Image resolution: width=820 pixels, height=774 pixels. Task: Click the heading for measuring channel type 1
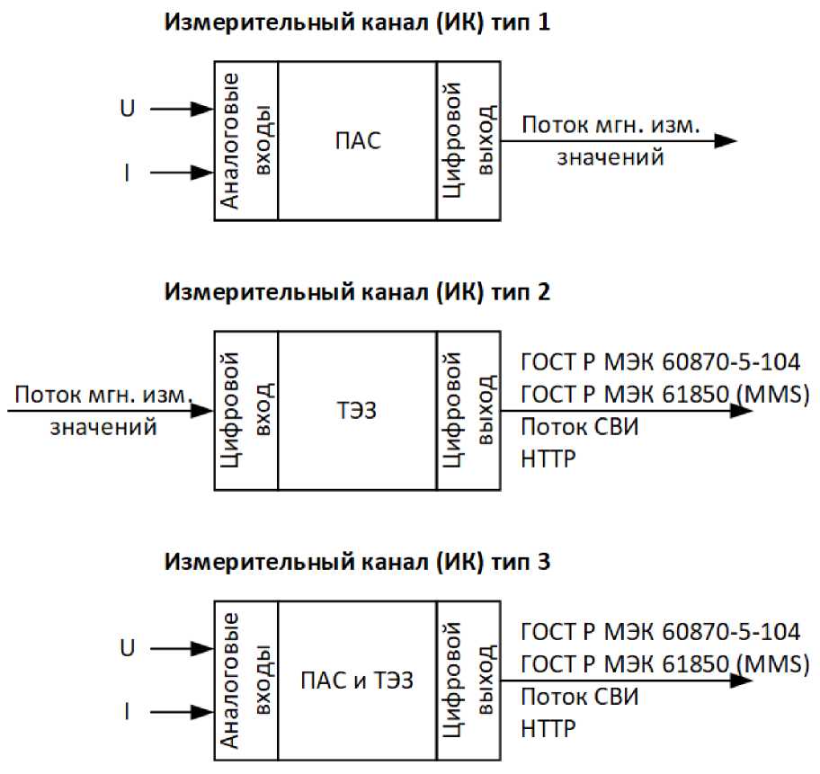pos(355,23)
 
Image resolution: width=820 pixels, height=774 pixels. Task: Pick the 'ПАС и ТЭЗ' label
pos(357,681)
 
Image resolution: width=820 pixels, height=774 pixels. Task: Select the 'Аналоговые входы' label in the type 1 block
pos(244,140)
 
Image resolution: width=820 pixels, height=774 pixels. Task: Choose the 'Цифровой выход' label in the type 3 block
pos(468,681)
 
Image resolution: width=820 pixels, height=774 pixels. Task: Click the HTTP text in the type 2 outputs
pos(548,459)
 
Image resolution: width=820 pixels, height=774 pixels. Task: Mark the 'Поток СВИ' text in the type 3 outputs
pos(580,697)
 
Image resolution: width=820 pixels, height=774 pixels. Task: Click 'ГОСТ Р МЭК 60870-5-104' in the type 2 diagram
pos(660,362)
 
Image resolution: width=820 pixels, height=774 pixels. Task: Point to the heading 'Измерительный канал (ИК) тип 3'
pos(356,563)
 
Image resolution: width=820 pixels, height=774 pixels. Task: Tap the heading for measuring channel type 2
pos(356,292)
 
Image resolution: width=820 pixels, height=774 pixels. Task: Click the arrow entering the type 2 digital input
pos(108,411)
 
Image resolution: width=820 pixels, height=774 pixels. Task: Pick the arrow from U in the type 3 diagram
pos(181,648)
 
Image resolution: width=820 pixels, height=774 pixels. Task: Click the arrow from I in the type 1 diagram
pos(181,173)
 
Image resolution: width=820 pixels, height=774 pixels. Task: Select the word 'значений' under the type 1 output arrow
pos(611,158)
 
